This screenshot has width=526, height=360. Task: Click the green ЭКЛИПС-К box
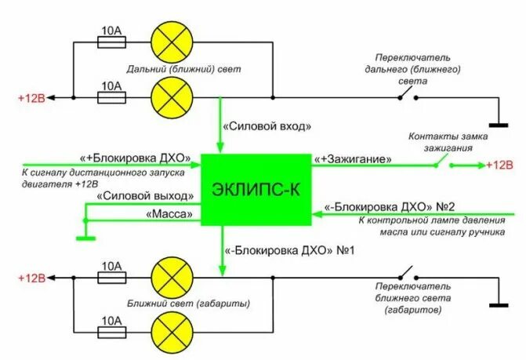point(256,189)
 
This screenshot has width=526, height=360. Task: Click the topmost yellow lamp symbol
point(172,38)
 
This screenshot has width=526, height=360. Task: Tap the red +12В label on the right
point(499,165)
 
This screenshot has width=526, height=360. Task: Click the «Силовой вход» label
point(257,125)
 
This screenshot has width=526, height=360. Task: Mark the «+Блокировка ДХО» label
point(132,157)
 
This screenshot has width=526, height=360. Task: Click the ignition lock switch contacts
point(445,165)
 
